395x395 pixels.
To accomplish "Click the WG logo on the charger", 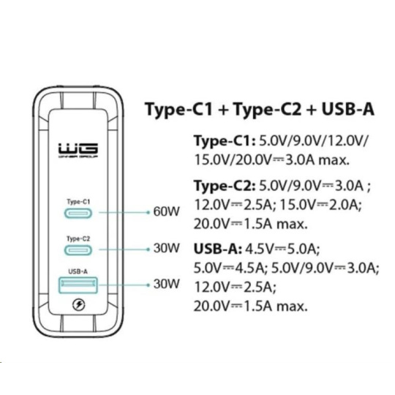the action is tap(78, 151).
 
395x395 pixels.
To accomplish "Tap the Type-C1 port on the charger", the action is tap(78, 214).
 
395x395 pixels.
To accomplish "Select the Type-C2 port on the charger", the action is tap(78, 250).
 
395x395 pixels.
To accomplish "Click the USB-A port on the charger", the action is tap(78, 285).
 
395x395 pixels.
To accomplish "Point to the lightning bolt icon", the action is tap(78, 305).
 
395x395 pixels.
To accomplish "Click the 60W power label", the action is tap(167, 211).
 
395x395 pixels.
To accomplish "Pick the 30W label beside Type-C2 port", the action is tap(167, 248).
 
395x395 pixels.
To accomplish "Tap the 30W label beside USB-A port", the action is tap(167, 284).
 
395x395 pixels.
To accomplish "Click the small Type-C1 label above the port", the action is tap(78, 202).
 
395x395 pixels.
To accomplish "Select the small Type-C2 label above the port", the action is tap(78, 238).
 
